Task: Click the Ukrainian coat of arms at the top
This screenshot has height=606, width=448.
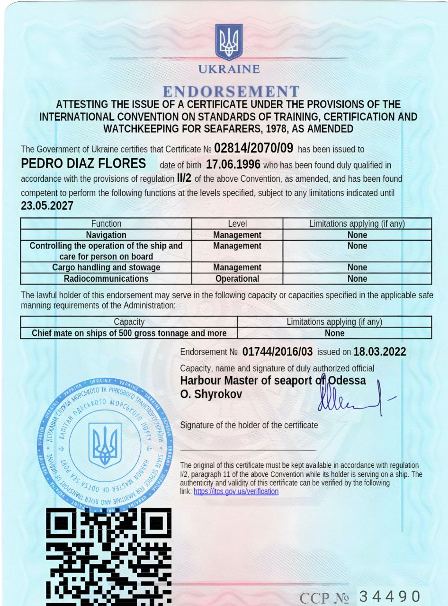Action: tap(229, 42)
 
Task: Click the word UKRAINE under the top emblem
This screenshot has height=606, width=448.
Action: tap(229, 69)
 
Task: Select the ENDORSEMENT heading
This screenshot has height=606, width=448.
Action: tap(231, 91)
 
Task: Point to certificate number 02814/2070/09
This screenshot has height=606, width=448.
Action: tap(254, 148)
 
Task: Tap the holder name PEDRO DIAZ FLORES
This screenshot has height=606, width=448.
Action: tap(84, 164)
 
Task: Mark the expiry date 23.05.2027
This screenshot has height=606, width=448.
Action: tap(47, 206)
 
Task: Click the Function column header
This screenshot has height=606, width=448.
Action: tap(106, 223)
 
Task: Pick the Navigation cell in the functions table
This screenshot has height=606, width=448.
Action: tap(106, 235)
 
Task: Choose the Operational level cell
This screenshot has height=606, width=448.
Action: tap(237, 279)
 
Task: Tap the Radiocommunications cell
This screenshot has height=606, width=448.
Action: tap(106, 279)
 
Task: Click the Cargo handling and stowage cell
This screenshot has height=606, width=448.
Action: tap(106, 267)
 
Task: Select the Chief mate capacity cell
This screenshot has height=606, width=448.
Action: tap(129, 333)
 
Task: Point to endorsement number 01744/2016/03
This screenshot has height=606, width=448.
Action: tap(278, 352)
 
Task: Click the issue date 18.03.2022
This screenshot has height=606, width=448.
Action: tap(380, 352)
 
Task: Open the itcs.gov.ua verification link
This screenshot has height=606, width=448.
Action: tap(236, 491)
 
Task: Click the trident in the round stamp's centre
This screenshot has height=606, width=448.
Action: tap(105, 446)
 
